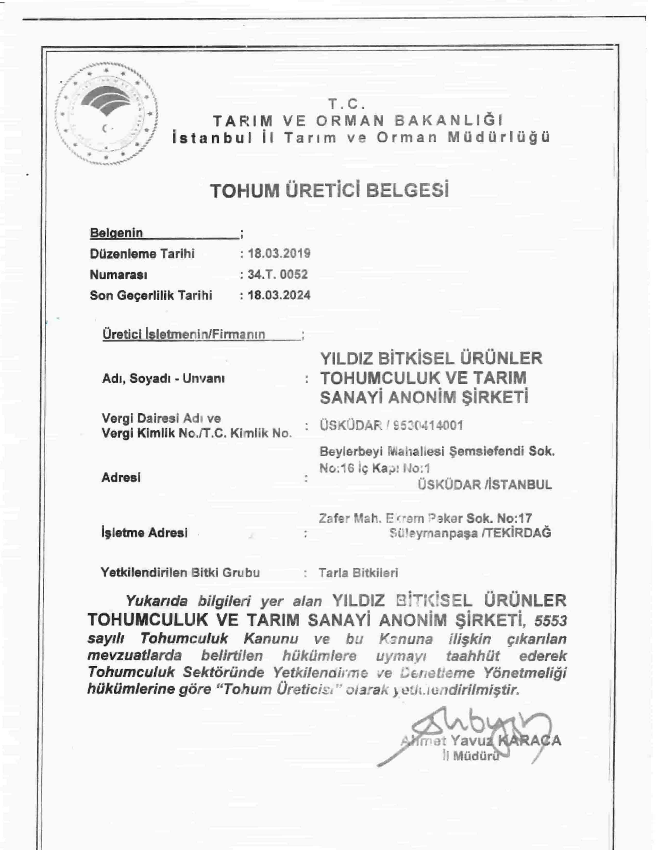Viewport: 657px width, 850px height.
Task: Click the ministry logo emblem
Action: click(x=106, y=113)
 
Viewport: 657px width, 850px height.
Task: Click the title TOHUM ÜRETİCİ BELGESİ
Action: click(x=329, y=190)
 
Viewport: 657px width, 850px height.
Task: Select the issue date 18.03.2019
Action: click(x=279, y=253)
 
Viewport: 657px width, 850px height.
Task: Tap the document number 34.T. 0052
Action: click(x=277, y=274)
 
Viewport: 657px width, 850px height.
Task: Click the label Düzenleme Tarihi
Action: click(x=142, y=254)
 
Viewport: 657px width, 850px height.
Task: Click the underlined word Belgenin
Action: click(x=116, y=233)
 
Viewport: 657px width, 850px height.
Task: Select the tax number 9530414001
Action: click(x=428, y=426)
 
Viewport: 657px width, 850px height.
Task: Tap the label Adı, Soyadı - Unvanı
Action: click(x=163, y=378)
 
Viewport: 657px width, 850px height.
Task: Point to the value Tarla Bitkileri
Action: click(x=358, y=573)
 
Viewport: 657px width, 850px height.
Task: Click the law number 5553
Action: click(x=550, y=622)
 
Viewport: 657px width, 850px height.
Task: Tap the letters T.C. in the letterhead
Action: click(x=346, y=104)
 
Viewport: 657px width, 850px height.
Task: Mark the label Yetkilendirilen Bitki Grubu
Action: click(x=180, y=573)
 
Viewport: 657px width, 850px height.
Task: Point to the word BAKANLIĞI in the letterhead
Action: click(x=449, y=120)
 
